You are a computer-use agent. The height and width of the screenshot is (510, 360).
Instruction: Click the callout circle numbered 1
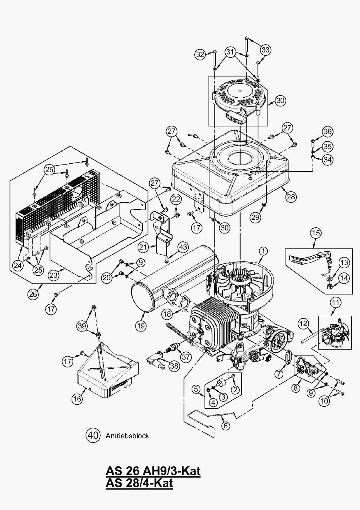263,251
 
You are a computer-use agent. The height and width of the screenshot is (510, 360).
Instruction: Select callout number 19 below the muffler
140,325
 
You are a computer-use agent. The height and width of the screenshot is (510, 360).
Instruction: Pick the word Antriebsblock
127,435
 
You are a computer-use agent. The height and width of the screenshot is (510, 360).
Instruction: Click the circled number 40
93,435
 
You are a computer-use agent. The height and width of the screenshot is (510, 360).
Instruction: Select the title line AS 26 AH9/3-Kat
153,470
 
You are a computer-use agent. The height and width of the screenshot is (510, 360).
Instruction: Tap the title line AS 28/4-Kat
139,483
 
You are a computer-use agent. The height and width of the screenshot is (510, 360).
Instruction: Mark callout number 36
328,132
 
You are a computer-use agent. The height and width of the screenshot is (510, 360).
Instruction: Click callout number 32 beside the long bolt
201,54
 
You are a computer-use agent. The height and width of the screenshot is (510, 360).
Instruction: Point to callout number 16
78,398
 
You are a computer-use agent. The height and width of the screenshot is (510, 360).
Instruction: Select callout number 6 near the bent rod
226,426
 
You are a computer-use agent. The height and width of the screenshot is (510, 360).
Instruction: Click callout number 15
316,232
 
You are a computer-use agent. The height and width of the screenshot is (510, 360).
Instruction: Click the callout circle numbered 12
304,323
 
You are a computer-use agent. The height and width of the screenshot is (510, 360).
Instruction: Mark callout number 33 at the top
266,50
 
